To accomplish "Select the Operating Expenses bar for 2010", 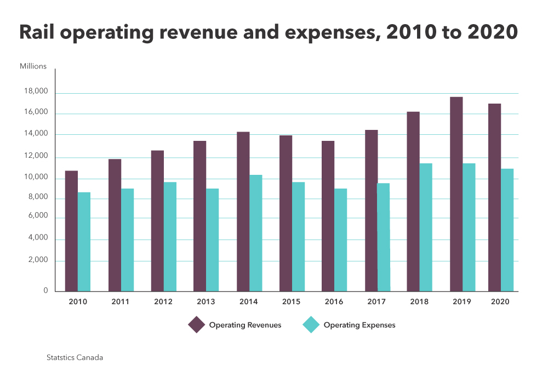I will coord(84,241).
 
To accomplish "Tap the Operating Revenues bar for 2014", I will coord(243,211).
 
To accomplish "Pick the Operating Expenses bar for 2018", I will coord(426,227).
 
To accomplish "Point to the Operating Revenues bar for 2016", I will coord(328,215).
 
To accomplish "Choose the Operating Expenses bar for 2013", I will coord(212,240).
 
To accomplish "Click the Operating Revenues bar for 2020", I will coord(494,197).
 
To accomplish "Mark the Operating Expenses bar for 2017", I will coord(383,237).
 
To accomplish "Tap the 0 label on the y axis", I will coord(46,290).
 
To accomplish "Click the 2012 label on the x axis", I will coord(163,302).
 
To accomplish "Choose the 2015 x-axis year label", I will coord(291,302).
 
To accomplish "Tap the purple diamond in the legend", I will coord(196,324).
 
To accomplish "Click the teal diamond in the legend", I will coord(311,324).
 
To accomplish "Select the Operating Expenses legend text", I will coord(359,325).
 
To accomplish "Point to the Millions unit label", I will coord(33,66).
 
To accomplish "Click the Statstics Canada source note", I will coord(75,357).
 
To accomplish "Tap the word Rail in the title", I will coord(37,33).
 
